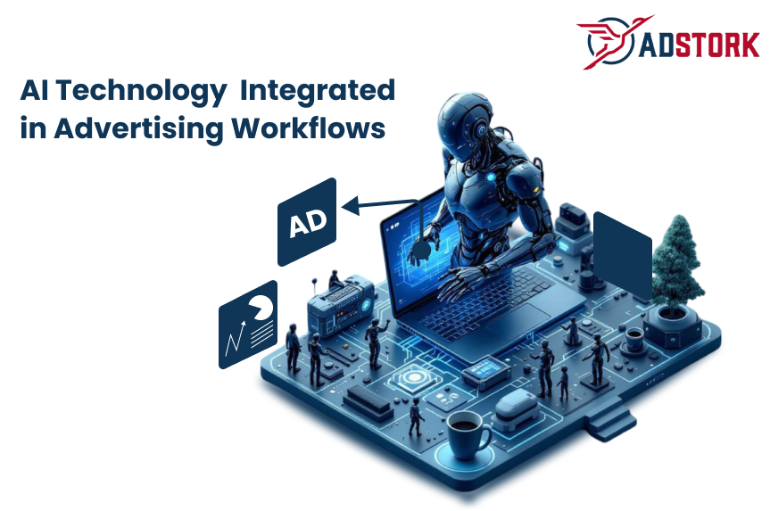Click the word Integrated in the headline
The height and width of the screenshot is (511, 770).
[x=319, y=90]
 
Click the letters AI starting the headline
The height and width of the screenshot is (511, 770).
[x=35, y=90]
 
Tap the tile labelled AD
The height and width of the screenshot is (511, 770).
[x=307, y=223]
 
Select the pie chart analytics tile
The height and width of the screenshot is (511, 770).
[x=248, y=324]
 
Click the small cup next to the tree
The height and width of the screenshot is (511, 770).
[x=634, y=338]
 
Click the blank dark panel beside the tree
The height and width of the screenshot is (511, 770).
[x=622, y=255]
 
